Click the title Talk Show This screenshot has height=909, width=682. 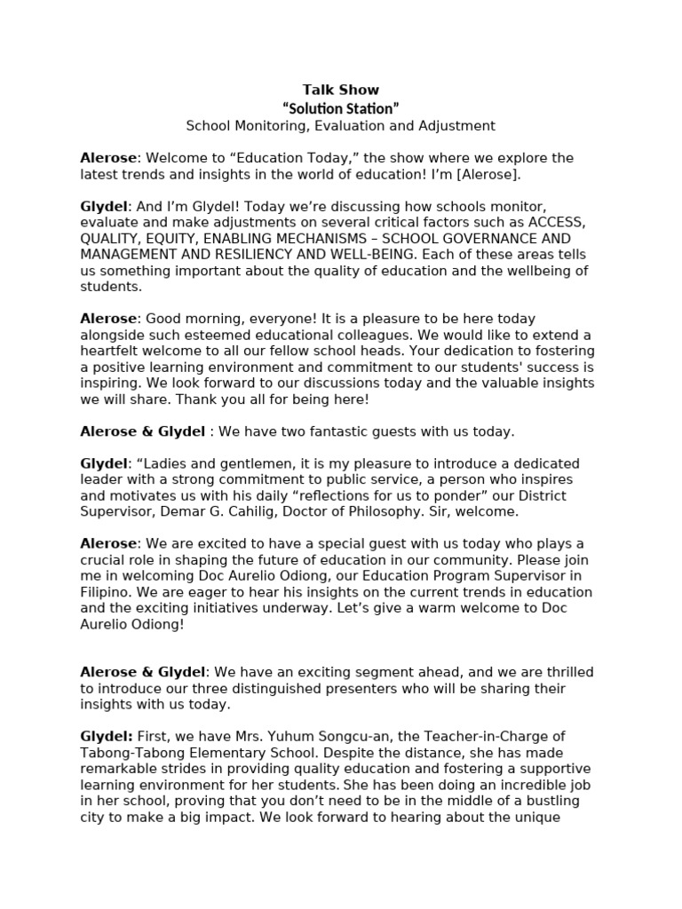click(x=341, y=90)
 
